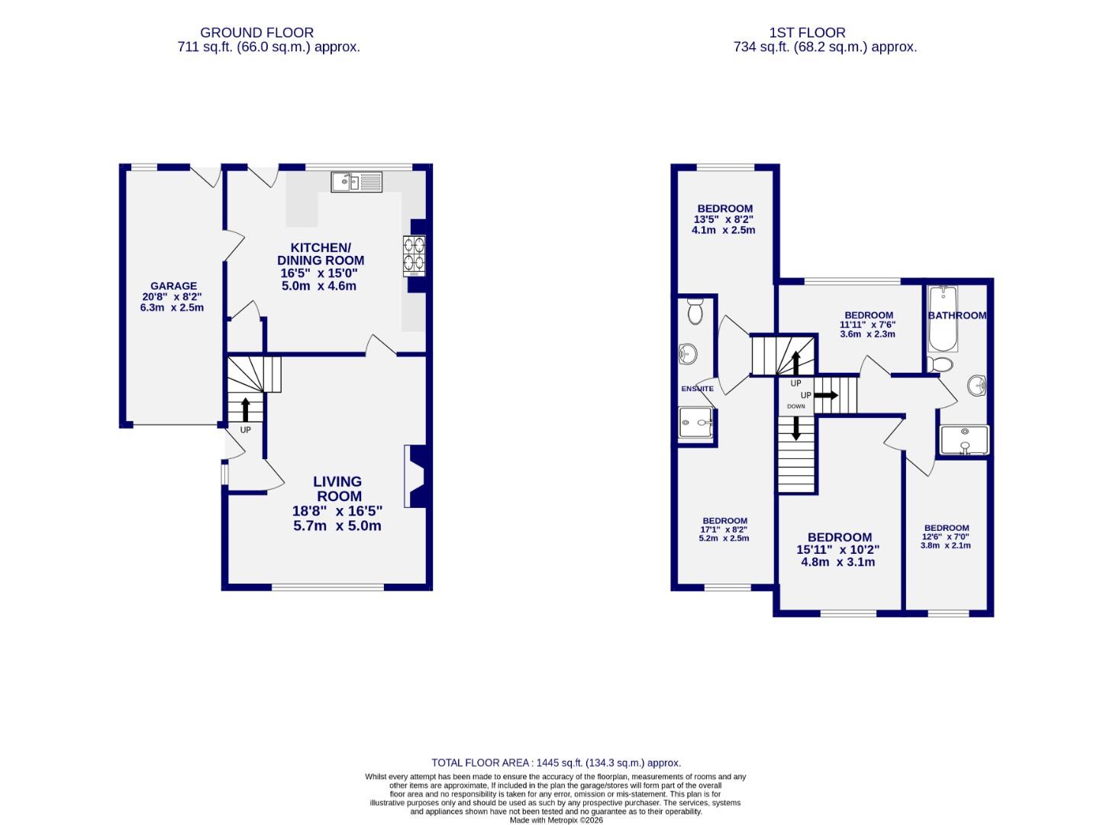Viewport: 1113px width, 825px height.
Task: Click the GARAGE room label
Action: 173,286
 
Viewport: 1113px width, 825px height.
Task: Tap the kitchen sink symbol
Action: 356,182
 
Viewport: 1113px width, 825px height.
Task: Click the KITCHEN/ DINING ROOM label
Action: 320,254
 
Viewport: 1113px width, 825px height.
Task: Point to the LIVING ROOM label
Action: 337,489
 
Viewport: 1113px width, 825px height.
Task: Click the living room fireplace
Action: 417,477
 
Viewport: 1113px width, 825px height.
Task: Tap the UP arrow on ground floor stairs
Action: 246,409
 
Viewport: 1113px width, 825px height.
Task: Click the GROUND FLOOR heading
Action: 256,33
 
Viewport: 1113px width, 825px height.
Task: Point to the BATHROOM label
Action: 957,315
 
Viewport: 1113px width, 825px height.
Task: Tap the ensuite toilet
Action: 695,312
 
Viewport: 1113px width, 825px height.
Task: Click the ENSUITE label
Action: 697,389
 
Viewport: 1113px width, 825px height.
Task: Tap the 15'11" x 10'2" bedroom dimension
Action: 838,549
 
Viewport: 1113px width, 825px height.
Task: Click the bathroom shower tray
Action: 964,440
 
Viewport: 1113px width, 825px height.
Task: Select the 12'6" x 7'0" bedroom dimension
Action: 946,537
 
